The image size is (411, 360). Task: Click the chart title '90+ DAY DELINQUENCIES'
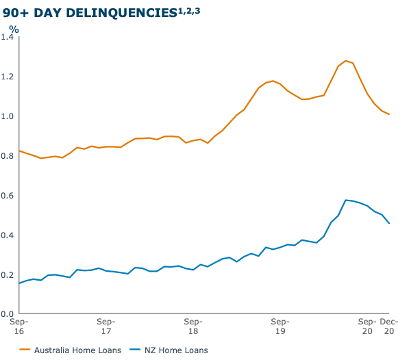click(88, 12)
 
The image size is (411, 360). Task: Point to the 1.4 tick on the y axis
click(8, 37)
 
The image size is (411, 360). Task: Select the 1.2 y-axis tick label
click(8, 77)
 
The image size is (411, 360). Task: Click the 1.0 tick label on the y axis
click(8, 116)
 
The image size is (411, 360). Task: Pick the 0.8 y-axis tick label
click(8, 156)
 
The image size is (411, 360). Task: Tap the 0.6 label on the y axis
click(8, 196)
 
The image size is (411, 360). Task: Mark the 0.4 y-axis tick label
click(8, 235)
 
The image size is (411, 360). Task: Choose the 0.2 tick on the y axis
click(8, 275)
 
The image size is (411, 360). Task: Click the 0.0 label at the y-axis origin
click(8, 314)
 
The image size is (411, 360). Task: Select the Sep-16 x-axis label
click(18, 326)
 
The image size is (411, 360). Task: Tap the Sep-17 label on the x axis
click(106, 326)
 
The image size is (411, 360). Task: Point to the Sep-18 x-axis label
click(193, 326)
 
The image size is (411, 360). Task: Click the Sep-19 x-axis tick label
click(280, 326)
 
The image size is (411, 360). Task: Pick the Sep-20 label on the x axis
click(367, 326)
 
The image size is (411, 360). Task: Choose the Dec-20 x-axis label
click(390, 326)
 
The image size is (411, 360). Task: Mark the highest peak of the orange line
click(346, 60)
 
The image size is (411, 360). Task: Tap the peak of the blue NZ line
click(346, 200)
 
